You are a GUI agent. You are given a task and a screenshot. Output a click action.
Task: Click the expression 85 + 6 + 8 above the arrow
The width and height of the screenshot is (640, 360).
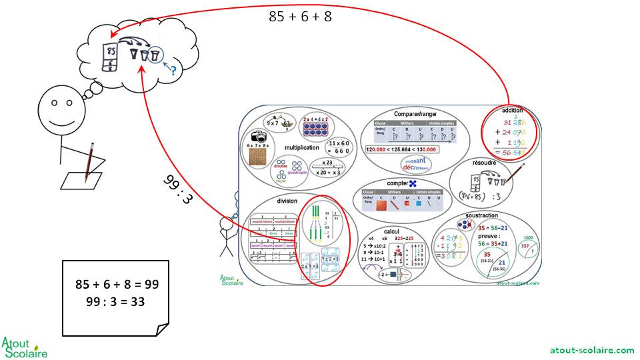tap(300, 17)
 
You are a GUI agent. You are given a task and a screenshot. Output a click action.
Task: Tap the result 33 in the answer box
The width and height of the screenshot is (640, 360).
tap(139, 301)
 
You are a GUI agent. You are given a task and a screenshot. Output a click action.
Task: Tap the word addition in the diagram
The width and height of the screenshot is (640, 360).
tap(512, 111)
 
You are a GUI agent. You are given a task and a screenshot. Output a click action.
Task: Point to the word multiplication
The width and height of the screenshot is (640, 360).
tap(302, 148)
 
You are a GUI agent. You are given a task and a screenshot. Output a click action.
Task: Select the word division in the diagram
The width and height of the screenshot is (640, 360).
tap(287, 201)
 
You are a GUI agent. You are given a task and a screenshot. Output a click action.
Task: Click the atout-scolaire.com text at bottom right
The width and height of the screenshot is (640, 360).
tap(592, 350)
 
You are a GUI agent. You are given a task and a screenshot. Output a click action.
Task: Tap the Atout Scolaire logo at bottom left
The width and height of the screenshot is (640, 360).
tap(25, 347)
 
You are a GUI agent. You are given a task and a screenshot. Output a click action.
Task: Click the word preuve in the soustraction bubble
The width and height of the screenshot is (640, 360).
tap(489, 235)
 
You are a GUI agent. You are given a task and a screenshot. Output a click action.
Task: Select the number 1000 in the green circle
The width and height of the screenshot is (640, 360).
tap(529, 237)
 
